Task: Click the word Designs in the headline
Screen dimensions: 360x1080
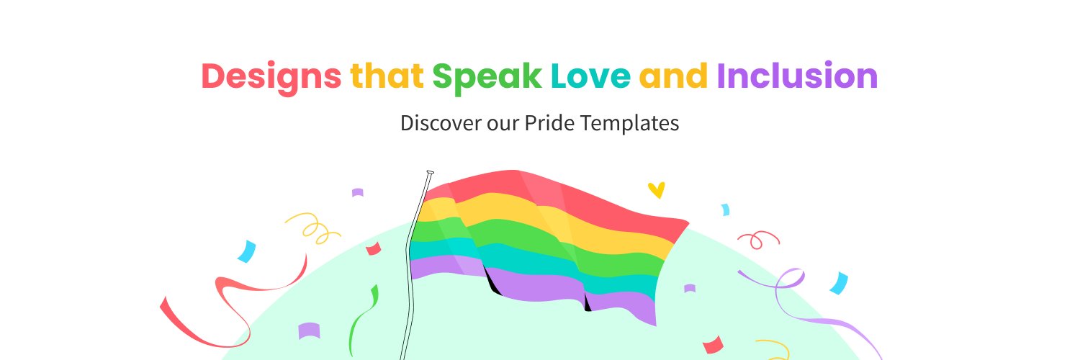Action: [271, 76]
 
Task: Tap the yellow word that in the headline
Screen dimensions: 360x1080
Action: [387, 76]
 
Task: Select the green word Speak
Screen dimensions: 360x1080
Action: [487, 76]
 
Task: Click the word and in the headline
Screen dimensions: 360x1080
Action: [673, 76]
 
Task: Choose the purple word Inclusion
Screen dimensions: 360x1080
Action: [797, 76]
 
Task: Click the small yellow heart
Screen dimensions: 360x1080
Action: [656, 190]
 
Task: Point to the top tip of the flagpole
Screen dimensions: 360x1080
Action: [430, 172]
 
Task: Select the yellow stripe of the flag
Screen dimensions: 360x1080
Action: [562, 220]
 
